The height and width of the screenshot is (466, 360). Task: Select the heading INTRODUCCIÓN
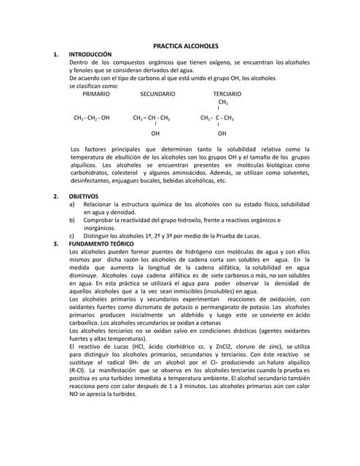(90, 55)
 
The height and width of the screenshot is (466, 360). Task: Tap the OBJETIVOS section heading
(84, 197)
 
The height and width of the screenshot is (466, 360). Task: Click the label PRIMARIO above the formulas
(96, 94)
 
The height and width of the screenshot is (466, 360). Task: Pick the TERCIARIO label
(227, 94)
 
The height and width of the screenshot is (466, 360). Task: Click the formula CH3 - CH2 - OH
(92, 117)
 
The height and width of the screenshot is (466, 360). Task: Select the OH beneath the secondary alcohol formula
(155, 134)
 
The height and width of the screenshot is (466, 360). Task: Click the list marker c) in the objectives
(71, 235)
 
